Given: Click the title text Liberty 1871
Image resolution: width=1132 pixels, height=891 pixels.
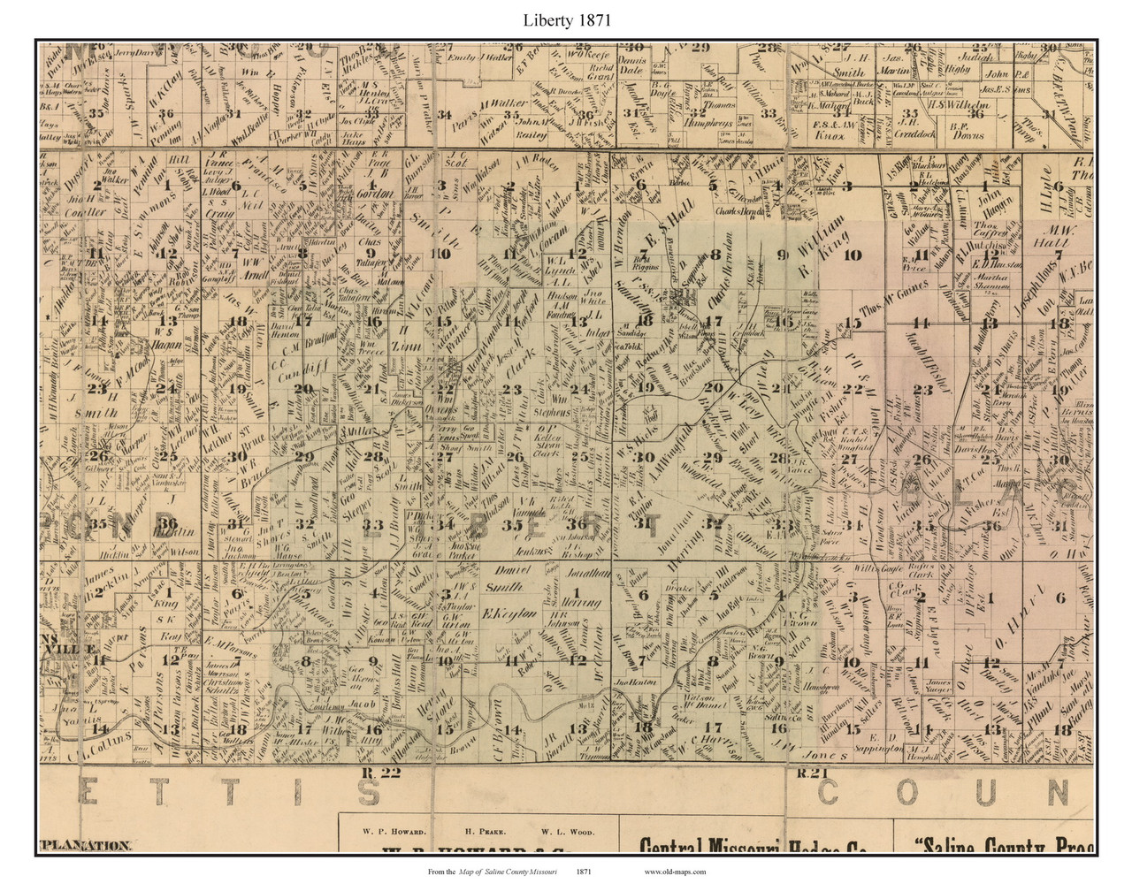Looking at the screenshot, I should (x=565, y=16).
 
